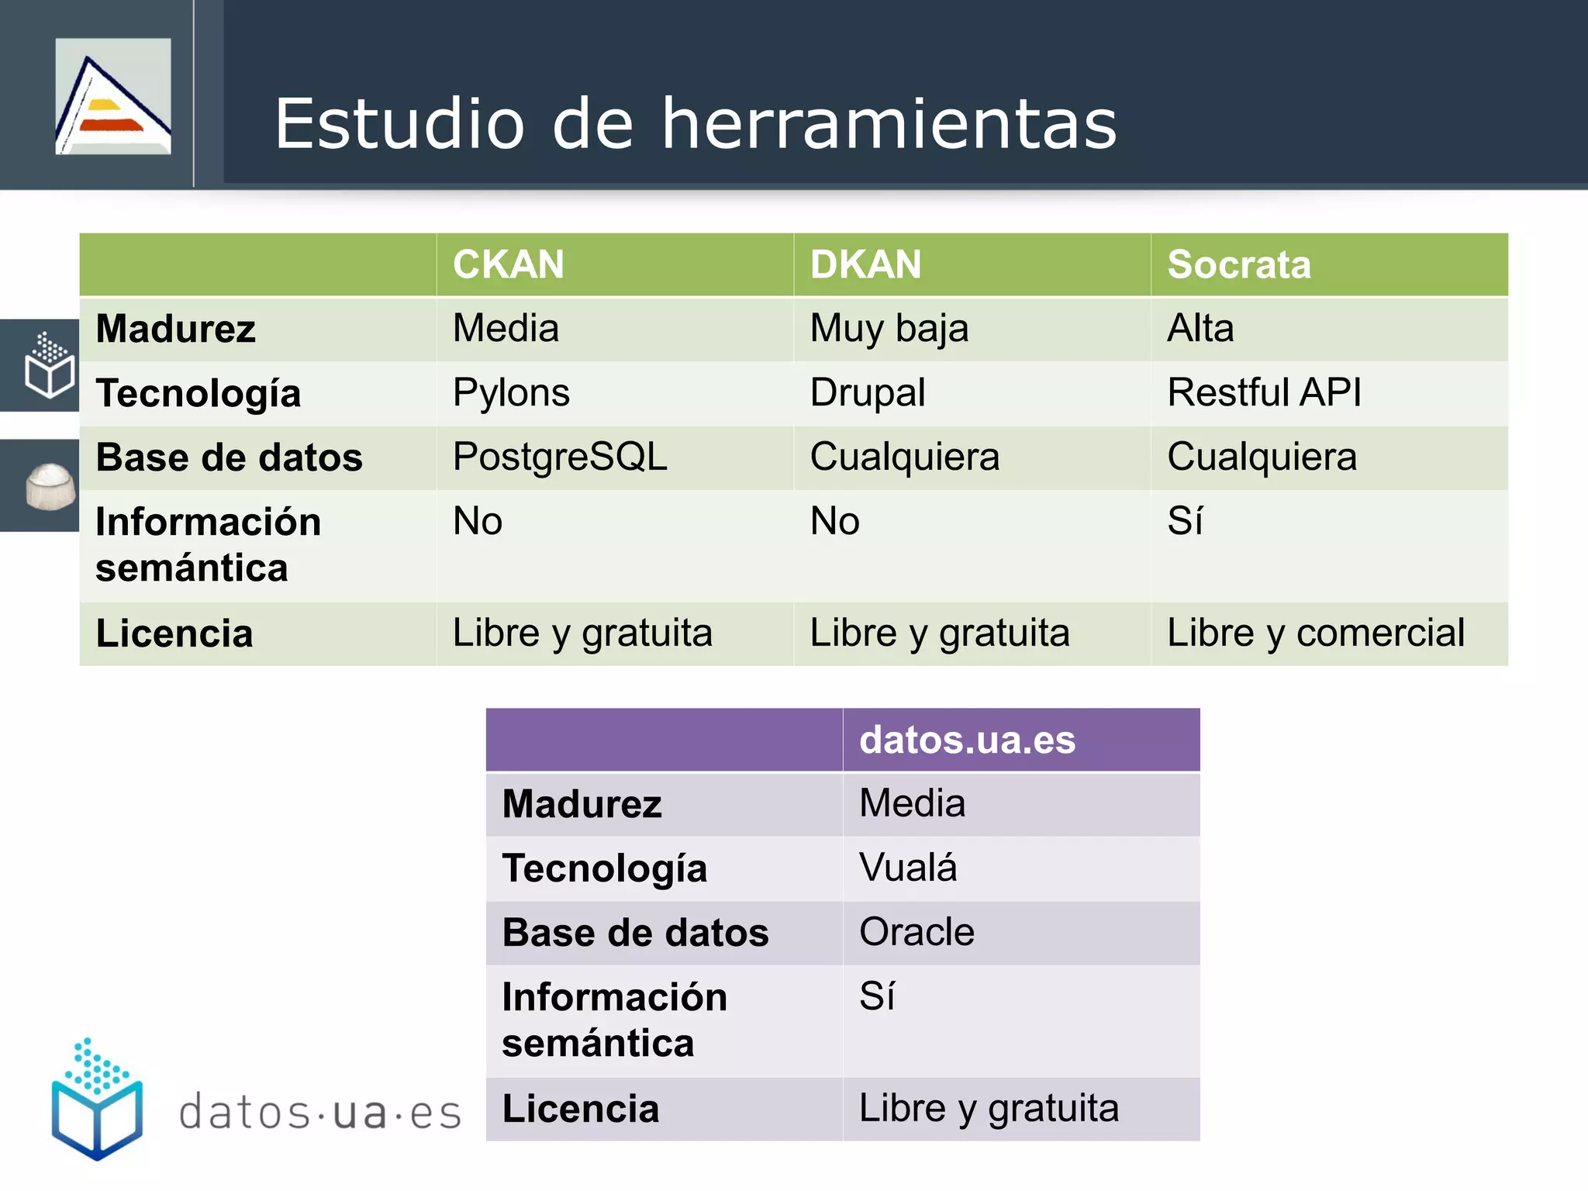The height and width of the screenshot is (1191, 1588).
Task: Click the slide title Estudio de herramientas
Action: [696, 124]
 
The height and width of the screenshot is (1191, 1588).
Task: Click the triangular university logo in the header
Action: [113, 97]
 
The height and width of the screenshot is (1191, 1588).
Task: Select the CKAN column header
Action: [509, 264]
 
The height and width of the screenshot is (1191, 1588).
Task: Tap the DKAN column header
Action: [865, 264]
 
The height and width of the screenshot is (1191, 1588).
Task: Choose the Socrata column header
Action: [1238, 264]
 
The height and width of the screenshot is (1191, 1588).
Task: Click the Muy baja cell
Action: [889, 328]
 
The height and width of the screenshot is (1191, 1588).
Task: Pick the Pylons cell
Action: [511, 392]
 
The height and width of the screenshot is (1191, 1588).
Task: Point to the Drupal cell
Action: [867, 392]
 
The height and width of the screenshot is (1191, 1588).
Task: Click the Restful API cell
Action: [1264, 392]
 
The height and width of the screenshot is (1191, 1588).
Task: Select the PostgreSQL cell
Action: [560, 457]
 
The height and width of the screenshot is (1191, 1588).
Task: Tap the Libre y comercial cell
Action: [1315, 633]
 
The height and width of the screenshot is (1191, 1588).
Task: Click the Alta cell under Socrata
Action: [1200, 328]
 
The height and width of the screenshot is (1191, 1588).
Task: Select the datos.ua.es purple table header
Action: [967, 740]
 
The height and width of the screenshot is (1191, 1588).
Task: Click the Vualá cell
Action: [907, 868]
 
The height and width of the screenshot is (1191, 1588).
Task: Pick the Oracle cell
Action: [917, 932]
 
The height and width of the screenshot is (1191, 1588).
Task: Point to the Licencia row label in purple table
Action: [580, 1109]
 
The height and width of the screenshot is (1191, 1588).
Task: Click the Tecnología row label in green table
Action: [198, 393]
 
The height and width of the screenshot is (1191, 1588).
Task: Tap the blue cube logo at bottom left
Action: [97, 1101]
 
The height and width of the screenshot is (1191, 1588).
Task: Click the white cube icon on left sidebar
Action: [49, 366]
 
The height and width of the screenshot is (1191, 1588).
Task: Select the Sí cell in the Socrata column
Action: [1185, 521]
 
